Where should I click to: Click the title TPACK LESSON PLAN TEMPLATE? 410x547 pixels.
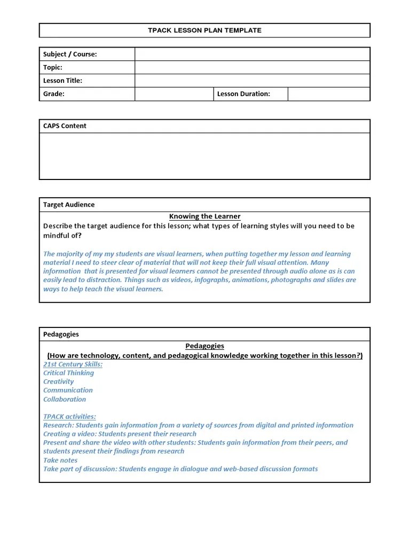tap(204, 30)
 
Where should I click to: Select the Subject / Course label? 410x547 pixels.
tap(70, 54)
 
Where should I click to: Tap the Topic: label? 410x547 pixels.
tap(53, 67)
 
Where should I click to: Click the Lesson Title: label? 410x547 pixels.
tap(62, 81)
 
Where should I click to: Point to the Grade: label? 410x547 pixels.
tap(54, 94)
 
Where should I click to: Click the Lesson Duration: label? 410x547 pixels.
tap(243, 94)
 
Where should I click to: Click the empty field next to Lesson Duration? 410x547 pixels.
tap(328, 94)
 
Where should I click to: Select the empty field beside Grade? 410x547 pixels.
tap(174, 94)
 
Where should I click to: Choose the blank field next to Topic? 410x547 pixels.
tap(252, 67)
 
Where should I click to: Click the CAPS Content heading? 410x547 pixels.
tap(65, 126)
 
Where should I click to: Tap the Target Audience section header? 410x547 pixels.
tap(69, 205)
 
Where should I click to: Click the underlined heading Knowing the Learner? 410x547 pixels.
tap(204, 216)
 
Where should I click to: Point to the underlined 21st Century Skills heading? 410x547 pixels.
tap(73, 364)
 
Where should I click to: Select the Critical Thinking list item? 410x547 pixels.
tap(68, 373)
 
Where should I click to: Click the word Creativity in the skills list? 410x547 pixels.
tap(59, 381)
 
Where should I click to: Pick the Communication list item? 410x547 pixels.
tap(68, 390)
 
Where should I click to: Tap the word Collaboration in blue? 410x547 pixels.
tap(65, 399)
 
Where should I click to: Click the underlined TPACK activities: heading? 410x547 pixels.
tap(69, 417)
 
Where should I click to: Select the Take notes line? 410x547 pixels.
tap(60, 460)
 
